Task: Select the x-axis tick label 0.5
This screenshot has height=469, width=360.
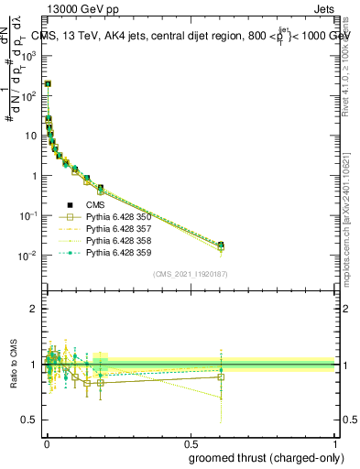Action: point(190,443)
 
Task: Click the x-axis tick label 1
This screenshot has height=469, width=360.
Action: point(335,443)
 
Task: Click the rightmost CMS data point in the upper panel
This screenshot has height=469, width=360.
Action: point(221,245)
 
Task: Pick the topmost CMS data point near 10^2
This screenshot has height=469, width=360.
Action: point(48,83)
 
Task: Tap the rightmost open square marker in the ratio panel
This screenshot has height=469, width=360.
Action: point(221,376)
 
